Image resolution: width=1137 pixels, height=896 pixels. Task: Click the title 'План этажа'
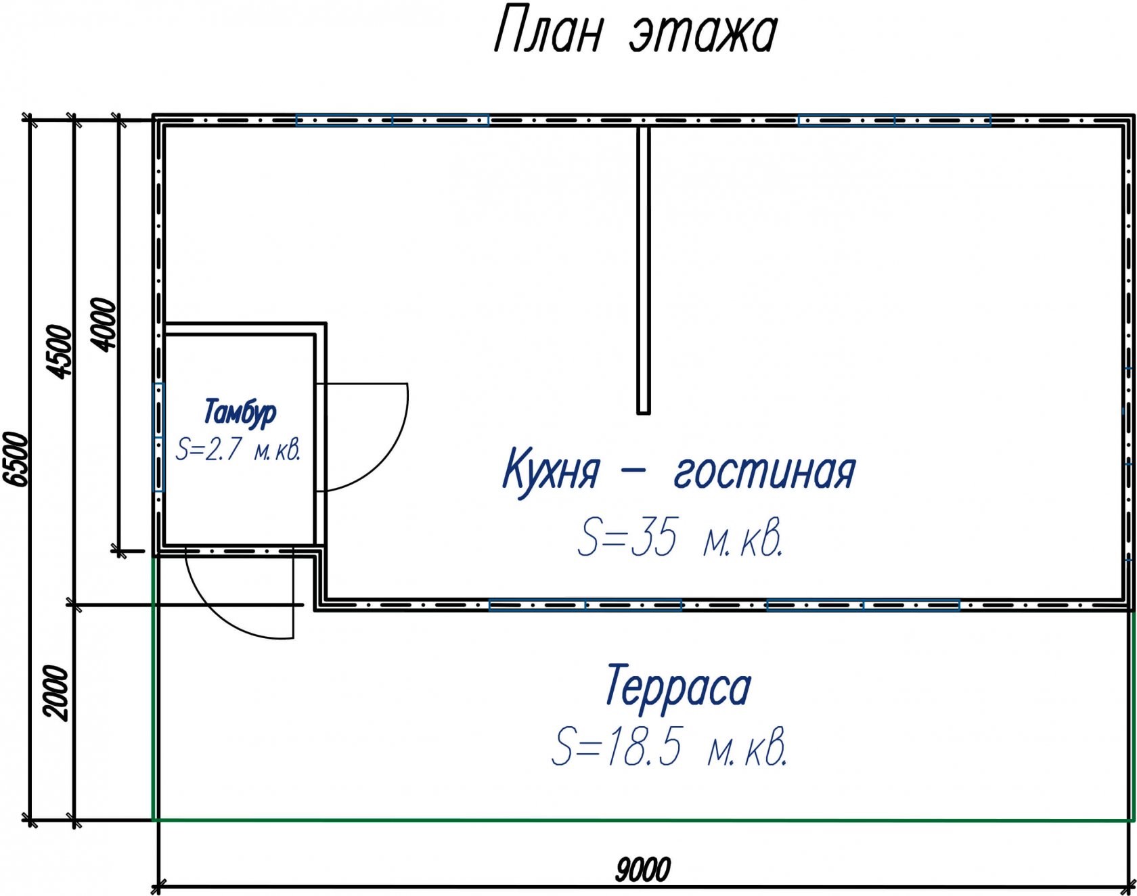[635, 31]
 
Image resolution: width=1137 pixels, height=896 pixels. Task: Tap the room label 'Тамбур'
[240, 412]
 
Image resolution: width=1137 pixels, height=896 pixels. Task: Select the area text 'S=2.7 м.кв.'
[238, 449]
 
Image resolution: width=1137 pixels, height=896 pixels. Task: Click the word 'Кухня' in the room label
[551, 469]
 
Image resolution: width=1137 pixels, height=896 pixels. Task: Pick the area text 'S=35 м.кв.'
[680, 538]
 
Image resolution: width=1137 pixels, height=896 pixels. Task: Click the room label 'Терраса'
[678, 686]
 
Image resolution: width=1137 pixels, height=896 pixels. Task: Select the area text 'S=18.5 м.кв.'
[669, 746]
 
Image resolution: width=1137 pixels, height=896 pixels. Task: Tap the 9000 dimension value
[643, 870]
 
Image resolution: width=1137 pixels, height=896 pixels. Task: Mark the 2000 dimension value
[56, 693]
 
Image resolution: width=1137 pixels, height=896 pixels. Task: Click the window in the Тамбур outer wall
[158, 437]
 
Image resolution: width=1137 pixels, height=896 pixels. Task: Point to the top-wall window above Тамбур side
[392, 120]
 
